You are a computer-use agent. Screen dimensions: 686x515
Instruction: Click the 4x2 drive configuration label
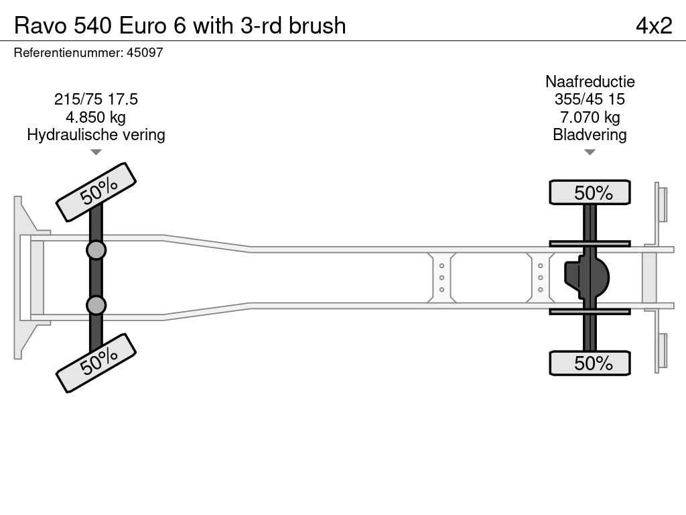point(654,25)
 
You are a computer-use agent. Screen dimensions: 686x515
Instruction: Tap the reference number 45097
point(145,52)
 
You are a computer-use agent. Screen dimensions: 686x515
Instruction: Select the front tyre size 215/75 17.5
point(96,99)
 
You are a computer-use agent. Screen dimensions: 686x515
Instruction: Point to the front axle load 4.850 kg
point(96,117)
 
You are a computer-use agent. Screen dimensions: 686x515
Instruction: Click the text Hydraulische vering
point(96,134)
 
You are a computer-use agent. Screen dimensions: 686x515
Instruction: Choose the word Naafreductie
point(590,81)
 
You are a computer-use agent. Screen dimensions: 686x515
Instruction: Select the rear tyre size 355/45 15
point(590,99)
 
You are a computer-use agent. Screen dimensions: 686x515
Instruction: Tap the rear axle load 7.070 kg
point(590,117)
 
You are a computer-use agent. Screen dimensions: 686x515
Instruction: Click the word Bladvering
point(590,134)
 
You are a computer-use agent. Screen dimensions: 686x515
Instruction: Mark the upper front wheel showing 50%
point(96,192)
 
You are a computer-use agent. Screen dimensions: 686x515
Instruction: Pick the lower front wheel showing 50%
point(96,363)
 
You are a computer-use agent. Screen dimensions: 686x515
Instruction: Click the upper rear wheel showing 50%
point(590,192)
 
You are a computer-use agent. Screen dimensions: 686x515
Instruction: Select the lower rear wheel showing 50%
point(590,363)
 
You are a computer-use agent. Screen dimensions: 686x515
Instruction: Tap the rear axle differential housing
point(587,277)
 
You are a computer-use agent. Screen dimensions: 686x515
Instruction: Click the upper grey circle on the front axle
point(96,251)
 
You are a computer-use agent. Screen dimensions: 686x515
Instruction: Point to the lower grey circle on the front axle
point(96,305)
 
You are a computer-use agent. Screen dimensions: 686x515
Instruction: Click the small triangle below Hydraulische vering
point(96,152)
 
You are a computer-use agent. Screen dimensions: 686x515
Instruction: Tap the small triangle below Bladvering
point(590,152)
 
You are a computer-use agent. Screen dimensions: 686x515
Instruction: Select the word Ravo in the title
point(41,25)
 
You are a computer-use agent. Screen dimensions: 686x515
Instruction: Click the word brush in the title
point(317,25)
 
